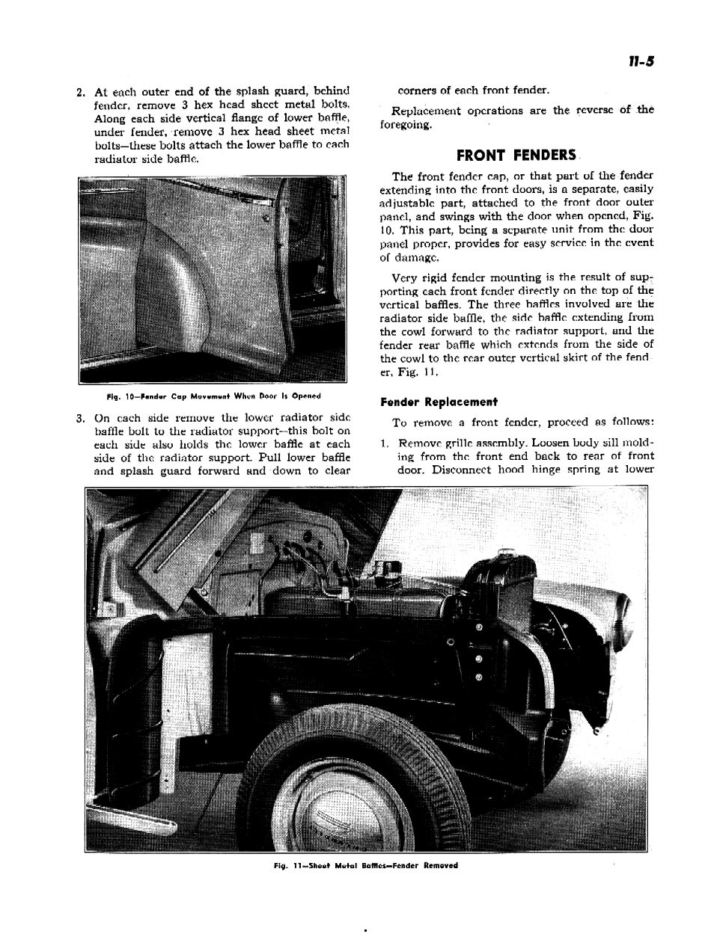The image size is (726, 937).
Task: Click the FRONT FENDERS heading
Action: (516, 156)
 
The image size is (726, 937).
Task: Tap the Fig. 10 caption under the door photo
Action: (213, 396)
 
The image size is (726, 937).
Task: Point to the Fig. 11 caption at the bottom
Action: (365, 865)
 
